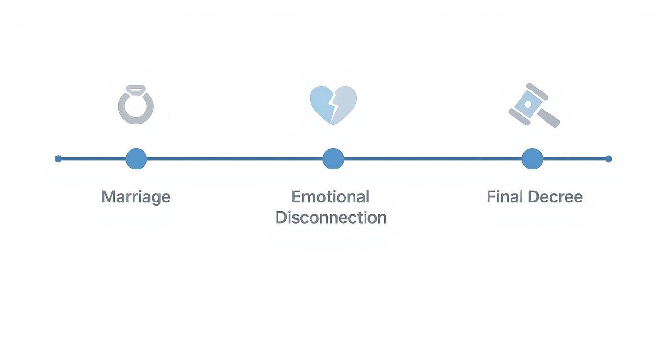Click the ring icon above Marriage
coord(136,106)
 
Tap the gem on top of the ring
coord(135,89)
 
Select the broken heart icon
coord(333,105)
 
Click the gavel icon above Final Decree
coord(533,105)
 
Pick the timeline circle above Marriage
coord(136,158)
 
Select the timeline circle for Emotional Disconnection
coord(333,158)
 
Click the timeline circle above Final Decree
coord(532,158)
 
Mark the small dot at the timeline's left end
coord(58,158)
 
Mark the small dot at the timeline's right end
coord(608,158)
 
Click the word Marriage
coord(136,197)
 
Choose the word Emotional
coord(330,197)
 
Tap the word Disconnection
coord(331,217)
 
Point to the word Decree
coord(555,197)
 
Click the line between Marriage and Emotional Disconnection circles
coord(234,158)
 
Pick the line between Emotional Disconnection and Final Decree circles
coord(433,158)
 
